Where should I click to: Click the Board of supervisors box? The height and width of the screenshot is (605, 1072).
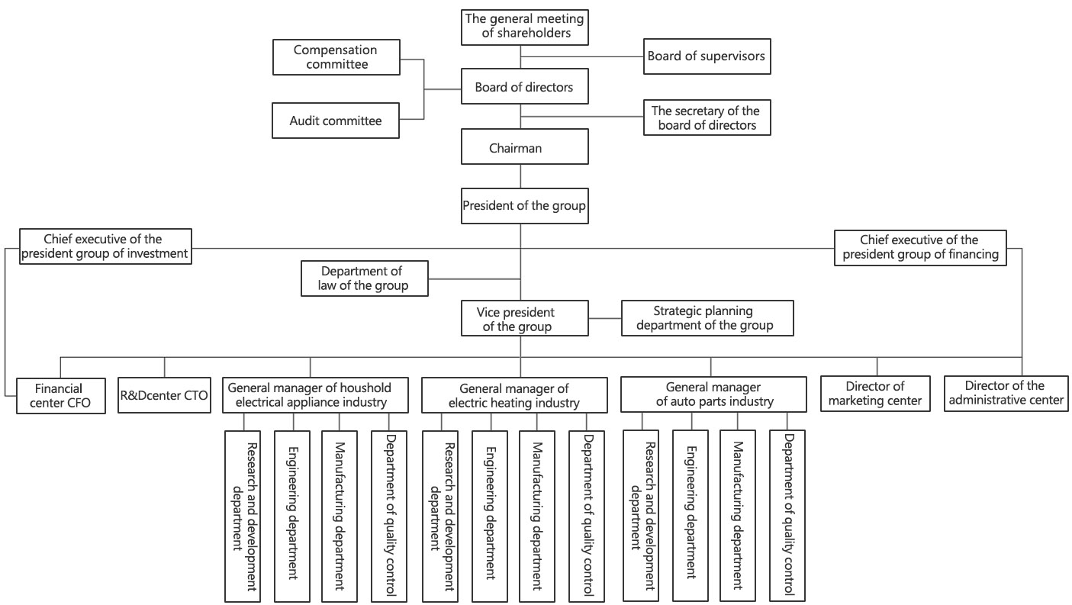[x=707, y=56]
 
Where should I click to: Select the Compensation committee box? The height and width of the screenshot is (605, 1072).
[x=336, y=57]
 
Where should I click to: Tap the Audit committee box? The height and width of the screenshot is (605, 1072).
[x=336, y=121]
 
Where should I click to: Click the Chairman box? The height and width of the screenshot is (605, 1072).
[x=524, y=146]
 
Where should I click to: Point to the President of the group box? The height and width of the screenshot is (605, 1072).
[x=524, y=206]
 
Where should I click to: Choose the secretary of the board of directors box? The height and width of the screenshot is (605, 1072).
[x=707, y=117]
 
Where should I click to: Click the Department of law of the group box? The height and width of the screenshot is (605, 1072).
[x=364, y=278]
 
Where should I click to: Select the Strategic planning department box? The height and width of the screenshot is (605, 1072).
[x=707, y=318]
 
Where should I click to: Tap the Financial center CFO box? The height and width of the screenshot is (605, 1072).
[x=61, y=396]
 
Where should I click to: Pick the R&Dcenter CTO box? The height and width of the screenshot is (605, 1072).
[x=164, y=395]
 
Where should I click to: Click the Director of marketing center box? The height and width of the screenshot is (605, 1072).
[x=875, y=394]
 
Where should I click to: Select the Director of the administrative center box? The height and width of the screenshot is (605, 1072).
[x=1006, y=394]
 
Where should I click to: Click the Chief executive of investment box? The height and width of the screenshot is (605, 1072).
[x=105, y=246]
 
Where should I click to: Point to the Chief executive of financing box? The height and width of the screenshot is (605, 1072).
[x=920, y=248]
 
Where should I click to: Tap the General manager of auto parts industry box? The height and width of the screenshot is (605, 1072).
[x=713, y=394]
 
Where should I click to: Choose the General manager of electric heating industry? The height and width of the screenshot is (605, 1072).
[x=514, y=395]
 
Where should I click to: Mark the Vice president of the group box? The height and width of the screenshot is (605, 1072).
[x=524, y=318]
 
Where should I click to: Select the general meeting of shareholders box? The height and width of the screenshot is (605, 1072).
[x=524, y=27]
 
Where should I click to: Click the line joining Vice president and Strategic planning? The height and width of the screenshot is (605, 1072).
[x=605, y=318]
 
